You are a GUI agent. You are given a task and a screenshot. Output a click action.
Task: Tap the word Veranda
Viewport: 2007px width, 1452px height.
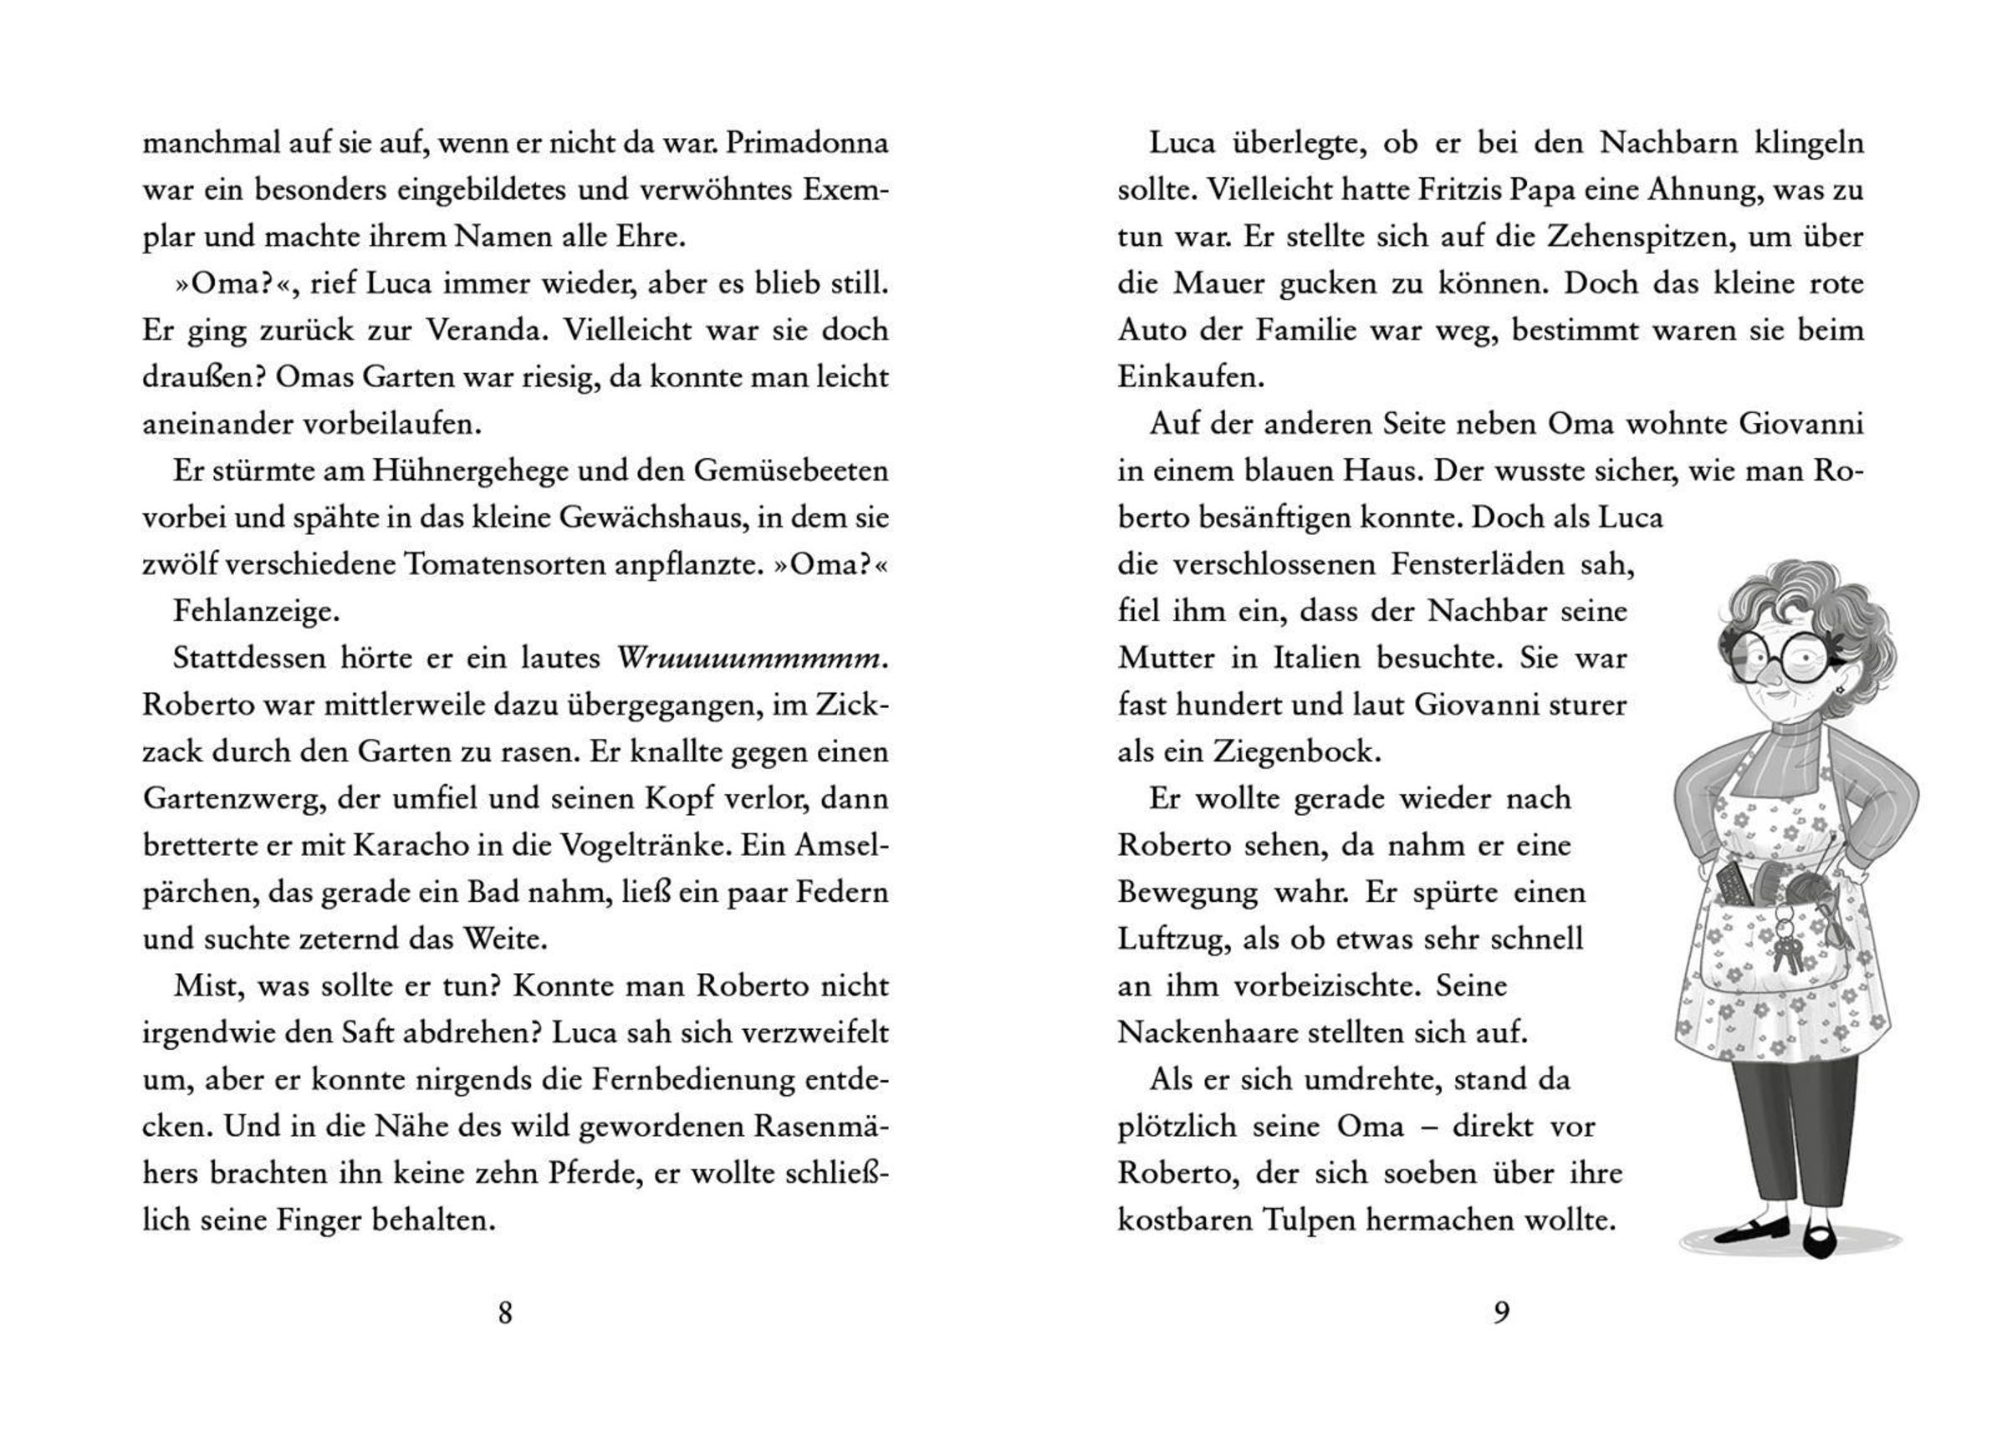485,330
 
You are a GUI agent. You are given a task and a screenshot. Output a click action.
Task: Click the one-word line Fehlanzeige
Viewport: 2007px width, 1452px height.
256,611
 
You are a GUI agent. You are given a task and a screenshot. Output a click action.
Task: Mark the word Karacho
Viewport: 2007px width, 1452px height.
408,846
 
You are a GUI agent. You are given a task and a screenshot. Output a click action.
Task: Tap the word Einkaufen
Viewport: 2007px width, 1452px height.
1190,378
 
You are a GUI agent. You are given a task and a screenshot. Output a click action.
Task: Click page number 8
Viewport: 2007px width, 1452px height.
505,1313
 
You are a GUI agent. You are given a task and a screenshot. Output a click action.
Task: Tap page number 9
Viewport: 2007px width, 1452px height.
1501,1313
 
